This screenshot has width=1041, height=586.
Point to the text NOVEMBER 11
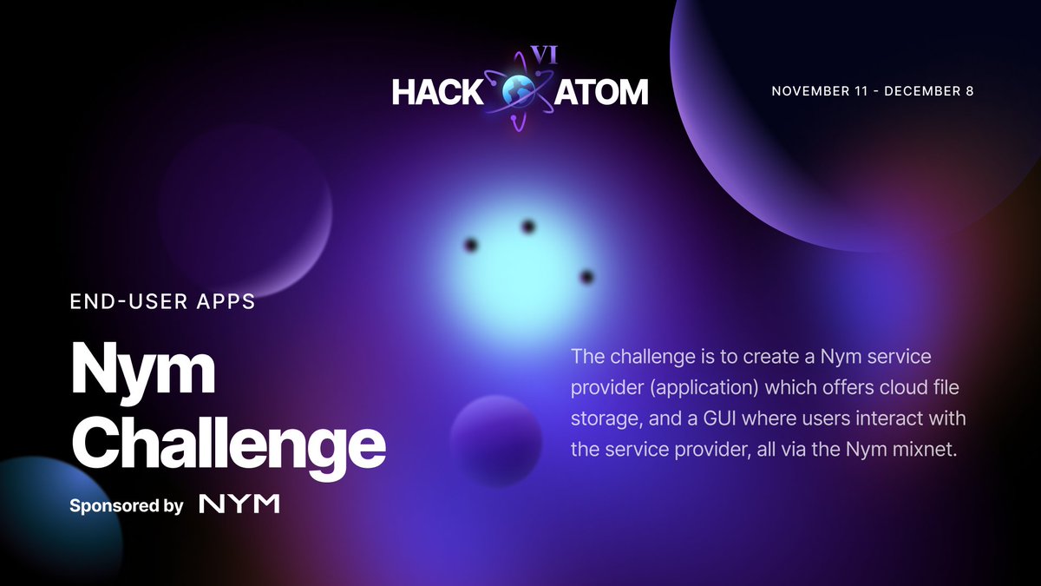coord(818,92)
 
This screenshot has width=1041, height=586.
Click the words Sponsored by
coord(126,505)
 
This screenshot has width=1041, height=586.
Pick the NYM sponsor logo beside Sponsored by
coord(239,504)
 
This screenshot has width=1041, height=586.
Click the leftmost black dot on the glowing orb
coord(471,244)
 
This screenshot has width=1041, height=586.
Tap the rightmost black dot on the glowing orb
coord(587,277)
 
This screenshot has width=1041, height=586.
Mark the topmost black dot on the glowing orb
coord(527,227)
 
